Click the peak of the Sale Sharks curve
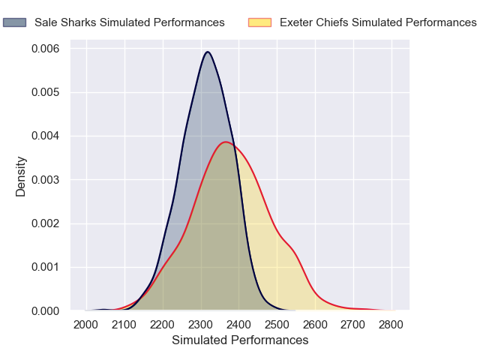tap(208, 52)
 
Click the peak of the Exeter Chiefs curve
tap(226, 142)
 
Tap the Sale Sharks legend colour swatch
tap(15, 22)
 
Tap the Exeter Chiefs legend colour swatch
tap(259, 22)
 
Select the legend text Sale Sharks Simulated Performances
tap(130, 22)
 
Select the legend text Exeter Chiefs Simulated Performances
tap(378, 22)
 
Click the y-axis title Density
tap(21, 176)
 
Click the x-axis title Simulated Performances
tap(240, 340)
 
